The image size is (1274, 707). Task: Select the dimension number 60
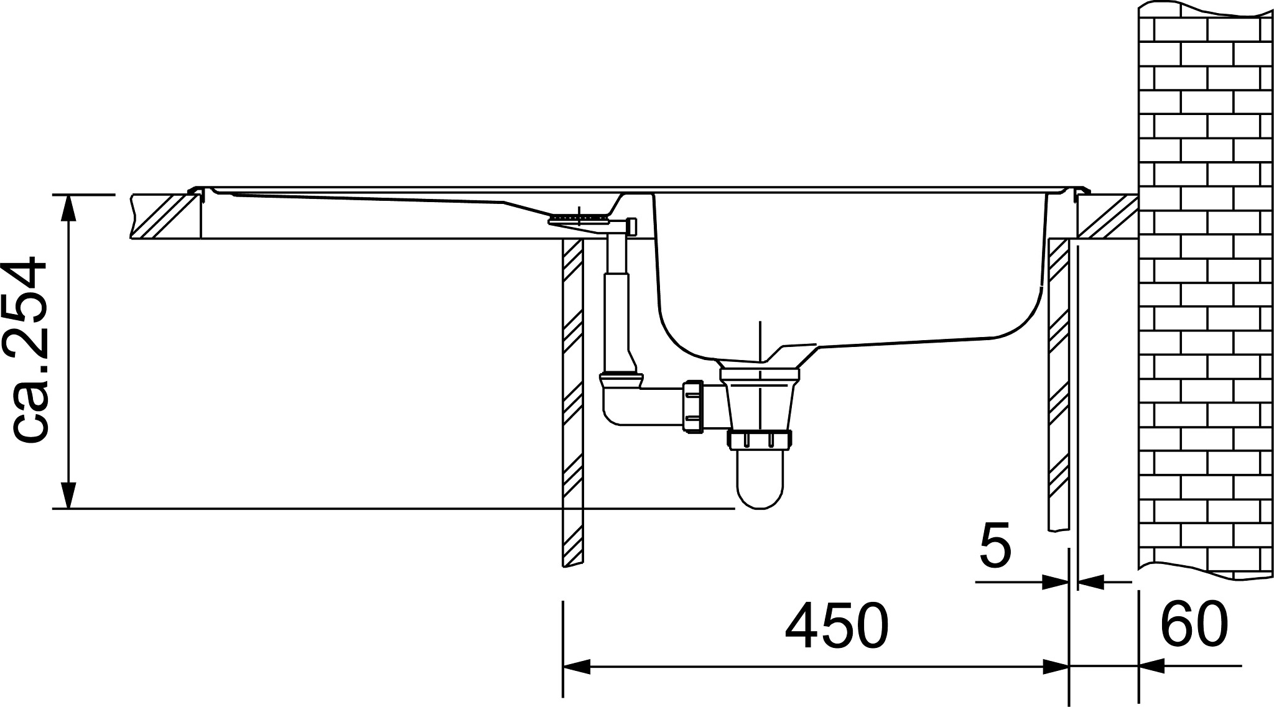pyautogui.click(x=1193, y=624)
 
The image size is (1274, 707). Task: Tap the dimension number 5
pyautogui.click(x=995, y=546)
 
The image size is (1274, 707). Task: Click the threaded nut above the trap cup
pyautogui.click(x=760, y=439)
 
